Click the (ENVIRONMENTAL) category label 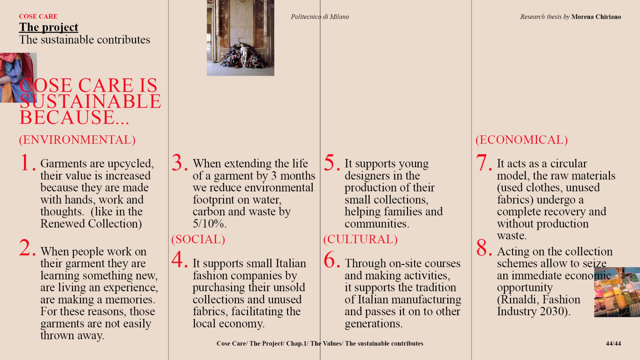(77, 140)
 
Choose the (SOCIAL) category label (198, 239)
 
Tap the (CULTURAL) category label (360, 239)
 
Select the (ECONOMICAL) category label (521, 140)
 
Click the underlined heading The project (49, 27)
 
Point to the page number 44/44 (613, 343)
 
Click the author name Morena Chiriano (596, 17)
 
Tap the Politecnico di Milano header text (320, 17)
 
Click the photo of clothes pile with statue (240, 38)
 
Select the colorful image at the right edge (617, 292)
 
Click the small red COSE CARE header (38, 16)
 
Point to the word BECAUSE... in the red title (74, 117)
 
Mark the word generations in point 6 (373, 324)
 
